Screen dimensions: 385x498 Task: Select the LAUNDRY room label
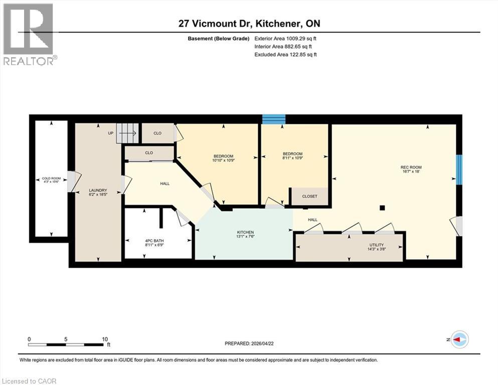click(98, 190)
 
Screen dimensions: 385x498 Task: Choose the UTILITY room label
click(376, 245)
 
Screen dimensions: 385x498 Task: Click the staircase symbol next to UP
click(127, 133)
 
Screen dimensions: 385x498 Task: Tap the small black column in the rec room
click(382, 208)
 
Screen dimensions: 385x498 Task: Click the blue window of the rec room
click(458, 169)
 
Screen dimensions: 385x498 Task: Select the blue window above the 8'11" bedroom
click(274, 119)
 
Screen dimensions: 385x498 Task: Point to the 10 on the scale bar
click(105, 339)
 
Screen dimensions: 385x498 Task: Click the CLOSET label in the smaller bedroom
click(309, 197)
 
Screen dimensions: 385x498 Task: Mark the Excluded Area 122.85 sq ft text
click(285, 54)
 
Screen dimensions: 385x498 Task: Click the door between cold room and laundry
click(72, 181)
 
